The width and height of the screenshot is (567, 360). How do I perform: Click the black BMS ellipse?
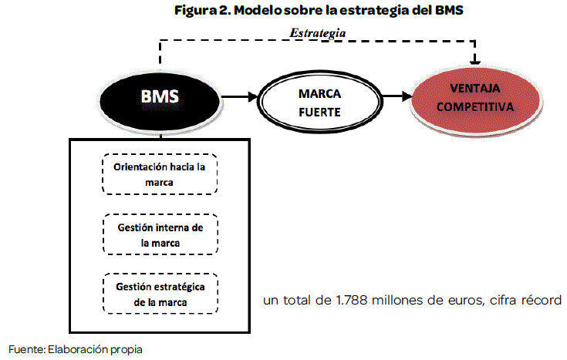coord(160,98)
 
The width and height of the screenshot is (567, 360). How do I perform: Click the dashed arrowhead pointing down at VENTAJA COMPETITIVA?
coord(475,60)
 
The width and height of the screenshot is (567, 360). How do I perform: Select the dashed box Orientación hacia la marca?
coord(160,175)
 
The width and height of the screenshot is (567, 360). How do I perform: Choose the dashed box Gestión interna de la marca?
coord(160,234)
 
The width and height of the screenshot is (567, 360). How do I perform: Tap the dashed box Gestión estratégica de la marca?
coord(160,294)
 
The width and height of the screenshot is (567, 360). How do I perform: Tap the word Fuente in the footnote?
coord(25,348)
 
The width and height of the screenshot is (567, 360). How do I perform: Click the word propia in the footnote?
coord(125,349)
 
